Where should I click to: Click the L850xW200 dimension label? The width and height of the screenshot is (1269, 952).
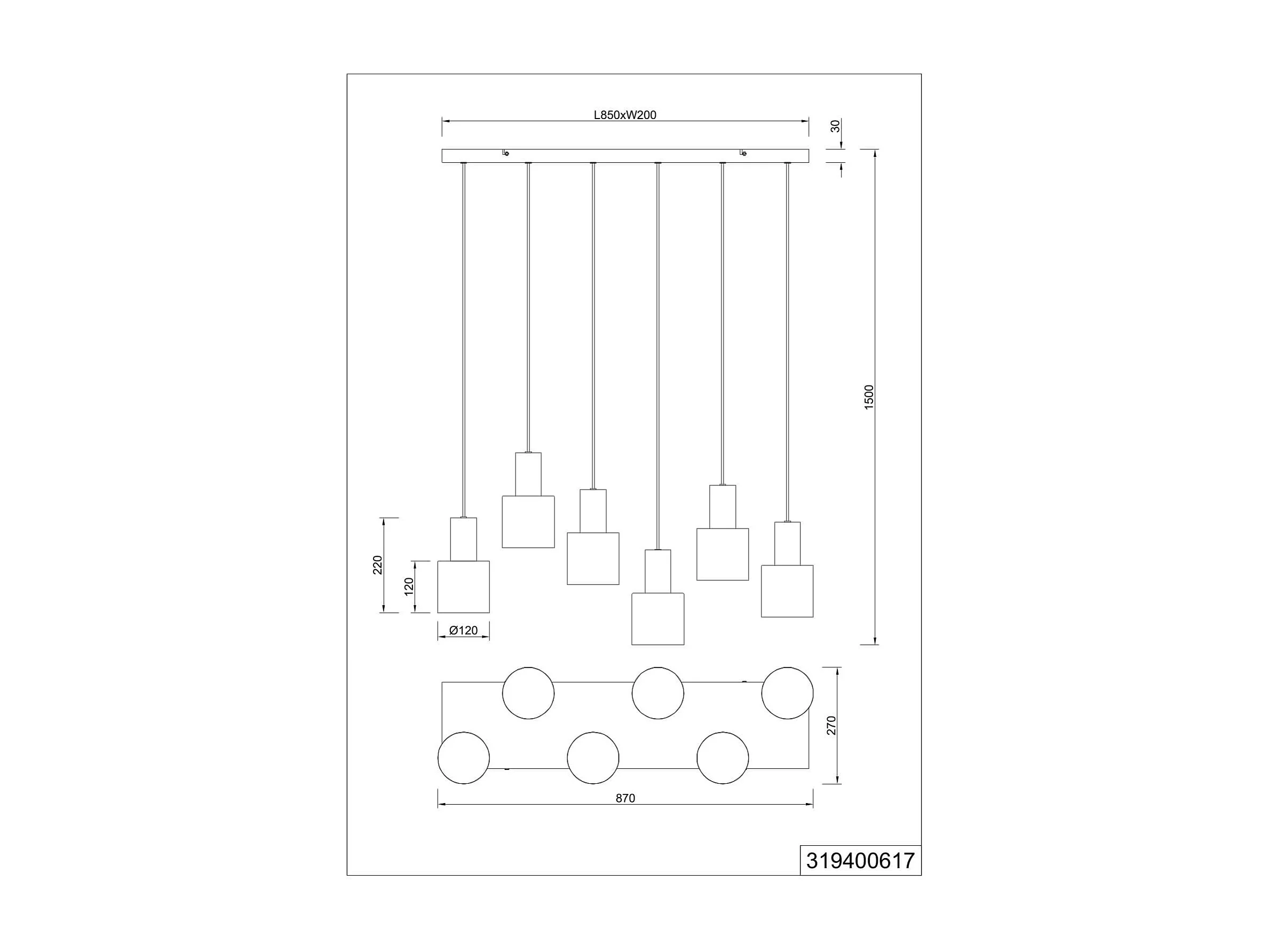(x=625, y=115)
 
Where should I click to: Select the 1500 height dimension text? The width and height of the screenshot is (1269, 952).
(x=869, y=397)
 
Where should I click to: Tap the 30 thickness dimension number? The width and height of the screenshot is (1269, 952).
(x=836, y=126)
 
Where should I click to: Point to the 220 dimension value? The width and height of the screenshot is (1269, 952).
(x=377, y=565)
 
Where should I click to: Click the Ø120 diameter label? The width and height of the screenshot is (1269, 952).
(x=464, y=630)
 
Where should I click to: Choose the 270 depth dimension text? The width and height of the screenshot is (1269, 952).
(x=831, y=725)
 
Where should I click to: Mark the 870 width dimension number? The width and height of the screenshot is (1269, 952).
(x=625, y=798)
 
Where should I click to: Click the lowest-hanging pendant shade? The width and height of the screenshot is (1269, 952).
(x=657, y=619)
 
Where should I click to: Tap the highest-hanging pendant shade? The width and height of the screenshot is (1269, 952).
(x=528, y=522)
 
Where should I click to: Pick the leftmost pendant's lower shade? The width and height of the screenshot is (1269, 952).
(x=464, y=586)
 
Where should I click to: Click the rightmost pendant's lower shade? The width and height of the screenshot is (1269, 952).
(x=787, y=591)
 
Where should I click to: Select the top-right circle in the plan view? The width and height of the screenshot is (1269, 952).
(x=787, y=693)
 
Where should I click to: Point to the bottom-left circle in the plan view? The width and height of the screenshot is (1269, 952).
(x=464, y=758)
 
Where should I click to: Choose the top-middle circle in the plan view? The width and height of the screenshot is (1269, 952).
(x=657, y=693)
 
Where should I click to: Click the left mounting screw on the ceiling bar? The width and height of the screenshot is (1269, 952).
(x=505, y=153)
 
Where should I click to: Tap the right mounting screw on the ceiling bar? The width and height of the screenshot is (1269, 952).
(x=743, y=153)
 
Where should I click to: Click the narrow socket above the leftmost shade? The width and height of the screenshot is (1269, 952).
(x=464, y=539)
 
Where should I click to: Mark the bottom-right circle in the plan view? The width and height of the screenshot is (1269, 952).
(x=722, y=758)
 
